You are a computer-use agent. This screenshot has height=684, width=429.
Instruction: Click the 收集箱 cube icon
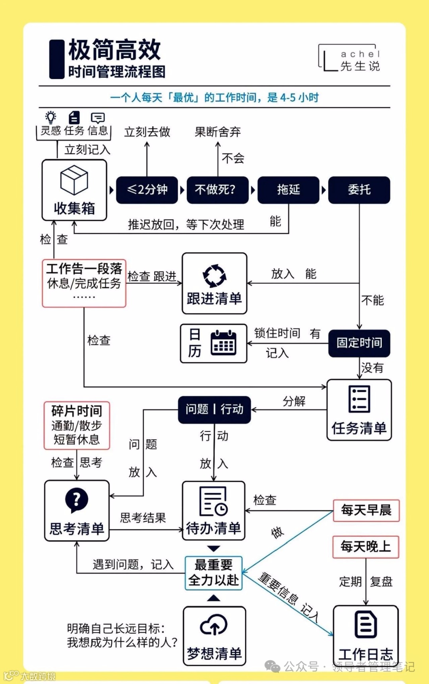coord(74,180)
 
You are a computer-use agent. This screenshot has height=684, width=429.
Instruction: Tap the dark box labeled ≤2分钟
coord(147,190)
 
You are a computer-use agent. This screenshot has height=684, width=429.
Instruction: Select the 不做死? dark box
coord(217,190)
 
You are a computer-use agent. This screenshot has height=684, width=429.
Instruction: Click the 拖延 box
coord(288,190)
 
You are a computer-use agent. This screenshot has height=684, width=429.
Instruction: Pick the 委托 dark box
coord(359,190)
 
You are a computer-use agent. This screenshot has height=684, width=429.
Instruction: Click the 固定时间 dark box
coord(359,343)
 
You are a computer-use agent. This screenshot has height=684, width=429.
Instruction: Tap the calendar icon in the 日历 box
coord(223,342)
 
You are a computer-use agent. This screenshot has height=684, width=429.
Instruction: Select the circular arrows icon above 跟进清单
coord(214,275)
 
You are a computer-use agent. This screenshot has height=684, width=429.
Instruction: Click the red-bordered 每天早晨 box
coord(366,510)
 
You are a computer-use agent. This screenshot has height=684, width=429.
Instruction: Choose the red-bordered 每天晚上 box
coord(365,547)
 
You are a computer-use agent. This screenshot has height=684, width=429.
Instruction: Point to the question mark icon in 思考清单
coord(76,500)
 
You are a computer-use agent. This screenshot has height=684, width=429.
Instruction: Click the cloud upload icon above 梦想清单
coord(214,626)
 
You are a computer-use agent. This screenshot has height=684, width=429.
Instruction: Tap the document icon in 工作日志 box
coord(365,625)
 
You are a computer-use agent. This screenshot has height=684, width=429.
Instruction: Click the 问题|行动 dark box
coord(214,410)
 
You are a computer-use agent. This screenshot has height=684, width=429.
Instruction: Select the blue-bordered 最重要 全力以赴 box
coord(214,573)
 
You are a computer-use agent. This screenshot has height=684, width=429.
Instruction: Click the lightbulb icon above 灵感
coord(51,118)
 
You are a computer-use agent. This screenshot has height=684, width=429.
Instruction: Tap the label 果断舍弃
coord(218,132)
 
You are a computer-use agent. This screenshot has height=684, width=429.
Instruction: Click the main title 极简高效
coord(114,50)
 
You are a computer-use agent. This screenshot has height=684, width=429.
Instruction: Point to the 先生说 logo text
coord(360,66)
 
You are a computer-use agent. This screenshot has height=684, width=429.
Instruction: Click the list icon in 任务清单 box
coord(359,399)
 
